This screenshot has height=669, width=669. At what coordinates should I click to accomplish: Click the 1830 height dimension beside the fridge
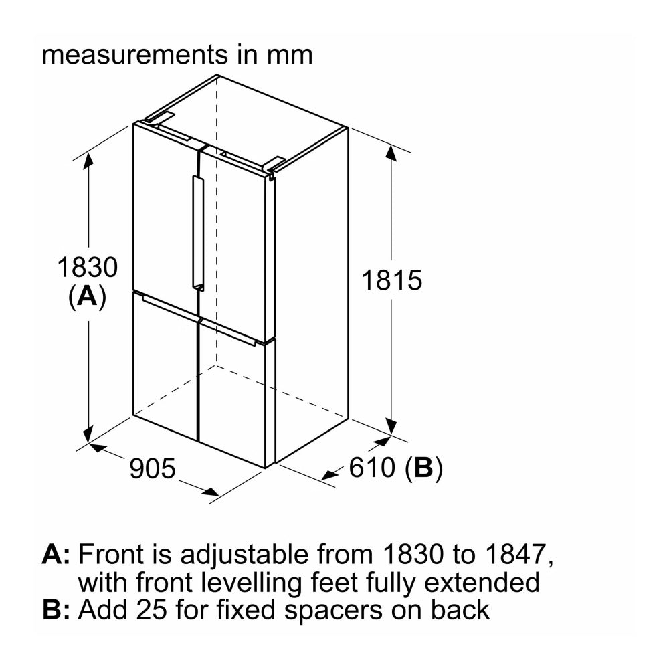[x=88, y=268]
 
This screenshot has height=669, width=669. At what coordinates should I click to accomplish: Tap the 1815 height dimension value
[x=391, y=280]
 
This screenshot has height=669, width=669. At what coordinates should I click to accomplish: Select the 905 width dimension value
[x=153, y=468]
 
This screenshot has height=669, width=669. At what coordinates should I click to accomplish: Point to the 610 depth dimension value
[x=372, y=467]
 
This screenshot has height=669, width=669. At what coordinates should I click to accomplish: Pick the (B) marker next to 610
[x=423, y=468]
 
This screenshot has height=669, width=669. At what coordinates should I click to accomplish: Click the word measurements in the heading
[x=135, y=55]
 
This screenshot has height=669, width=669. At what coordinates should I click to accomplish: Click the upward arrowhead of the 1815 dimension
[x=391, y=153]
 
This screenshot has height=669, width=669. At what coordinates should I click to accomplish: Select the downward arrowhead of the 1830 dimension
[x=88, y=434]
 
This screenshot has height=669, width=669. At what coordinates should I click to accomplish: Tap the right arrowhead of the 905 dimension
[x=211, y=492]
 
